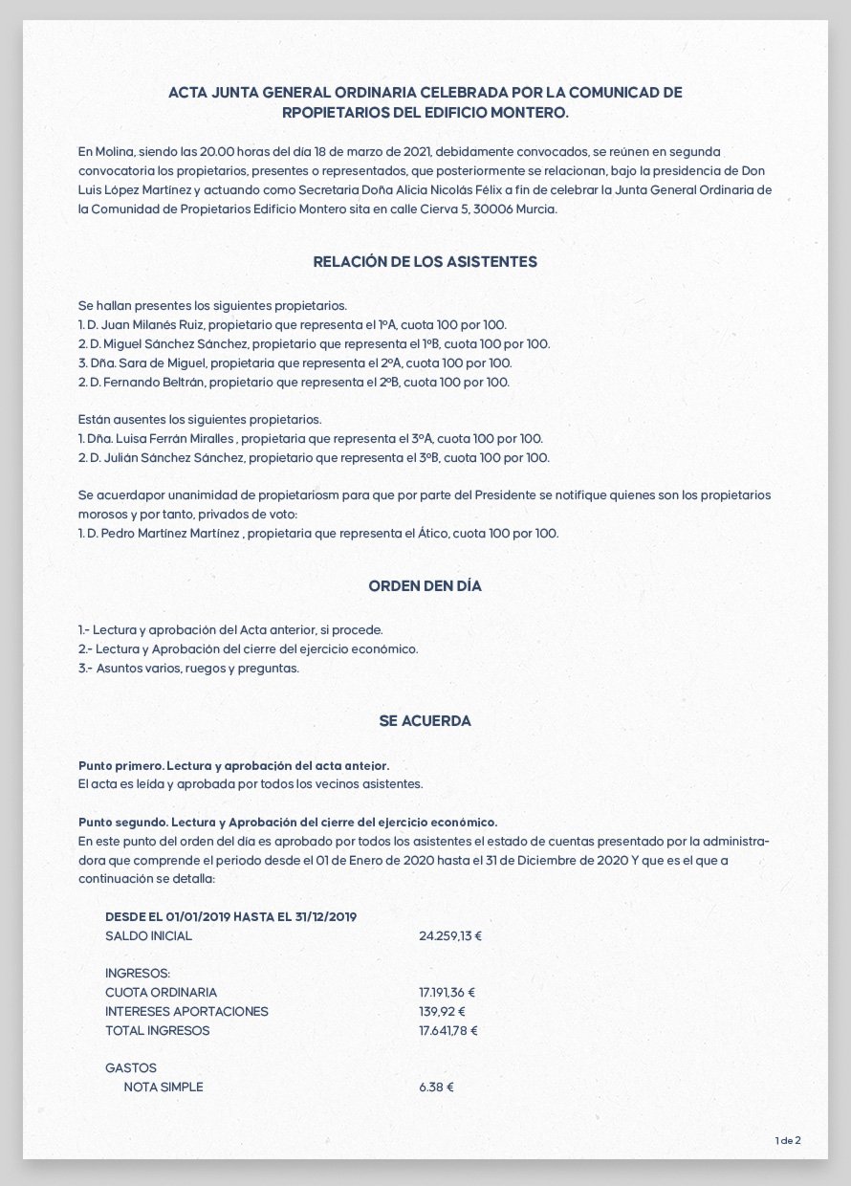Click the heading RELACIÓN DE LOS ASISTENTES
click(x=425, y=261)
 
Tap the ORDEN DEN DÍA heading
click(x=425, y=586)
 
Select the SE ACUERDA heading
click(x=425, y=721)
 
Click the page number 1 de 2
click(x=788, y=1140)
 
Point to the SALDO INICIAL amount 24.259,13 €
click(x=450, y=935)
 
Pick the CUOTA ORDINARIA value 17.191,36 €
click(x=447, y=993)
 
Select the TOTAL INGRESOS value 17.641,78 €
click(x=447, y=1031)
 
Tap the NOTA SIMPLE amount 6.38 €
click(x=436, y=1087)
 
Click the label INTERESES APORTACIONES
click(x=186, y=1012)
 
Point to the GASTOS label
click(x=131, y=1068)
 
